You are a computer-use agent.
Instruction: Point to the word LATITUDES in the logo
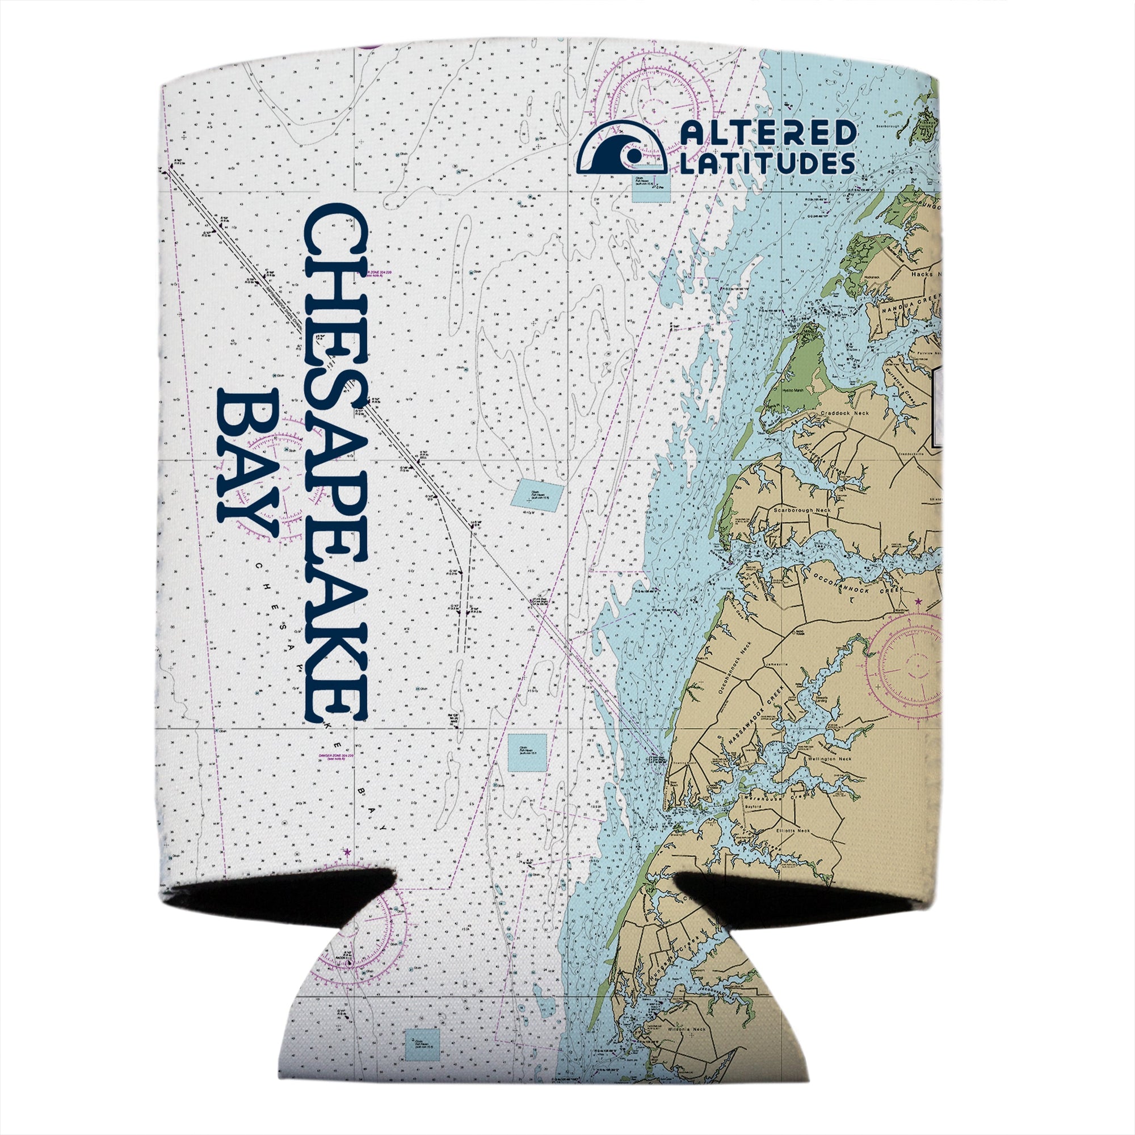(767, 163)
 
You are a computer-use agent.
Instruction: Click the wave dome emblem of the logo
(622, 148)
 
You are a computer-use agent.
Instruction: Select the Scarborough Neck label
(802, 510)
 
